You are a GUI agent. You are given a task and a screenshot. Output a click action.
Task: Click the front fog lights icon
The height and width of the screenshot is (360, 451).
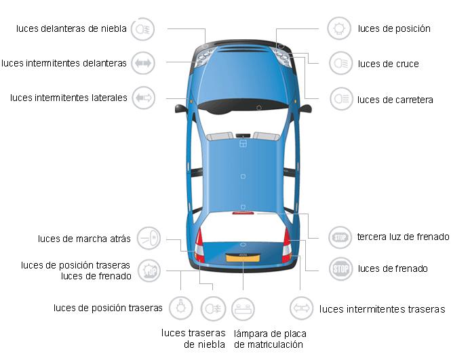(x=142, y=29)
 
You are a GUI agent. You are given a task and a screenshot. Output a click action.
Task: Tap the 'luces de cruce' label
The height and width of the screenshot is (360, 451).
(x=389, y=64)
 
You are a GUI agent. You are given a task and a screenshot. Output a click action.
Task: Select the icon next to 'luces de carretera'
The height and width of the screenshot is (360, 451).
(x=341, y=99)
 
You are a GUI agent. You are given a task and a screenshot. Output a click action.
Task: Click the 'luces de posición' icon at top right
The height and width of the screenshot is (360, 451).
(x=339, y=28)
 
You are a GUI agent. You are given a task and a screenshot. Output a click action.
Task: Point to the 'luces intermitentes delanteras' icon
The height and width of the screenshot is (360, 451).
(x=143, y=63)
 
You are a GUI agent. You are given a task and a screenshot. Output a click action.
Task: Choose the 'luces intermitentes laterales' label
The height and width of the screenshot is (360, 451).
(x=68, y=98)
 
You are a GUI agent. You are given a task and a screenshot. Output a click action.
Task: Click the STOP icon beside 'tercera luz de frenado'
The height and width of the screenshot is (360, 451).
(x=340, y=237)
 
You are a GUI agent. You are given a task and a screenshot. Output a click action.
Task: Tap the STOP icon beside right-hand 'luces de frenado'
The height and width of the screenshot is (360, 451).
(x=340, y=269)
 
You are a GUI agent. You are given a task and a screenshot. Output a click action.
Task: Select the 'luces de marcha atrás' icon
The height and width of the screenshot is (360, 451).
(x=149, y=238)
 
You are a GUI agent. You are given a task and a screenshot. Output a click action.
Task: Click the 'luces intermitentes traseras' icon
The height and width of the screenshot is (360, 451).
(x=301, y=308)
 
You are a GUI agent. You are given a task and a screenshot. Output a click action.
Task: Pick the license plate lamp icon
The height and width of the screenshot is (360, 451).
(x=243, y=309)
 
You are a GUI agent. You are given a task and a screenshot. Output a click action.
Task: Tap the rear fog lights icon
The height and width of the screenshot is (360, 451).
(x=213, y=309)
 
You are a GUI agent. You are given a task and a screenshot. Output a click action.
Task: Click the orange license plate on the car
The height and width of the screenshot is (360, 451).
(x=243, y=258)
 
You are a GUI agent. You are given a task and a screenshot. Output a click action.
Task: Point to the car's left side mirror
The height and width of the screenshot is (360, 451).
(x=181, y=108)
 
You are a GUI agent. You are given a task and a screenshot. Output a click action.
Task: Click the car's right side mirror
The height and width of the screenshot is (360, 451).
(x=305, y=108)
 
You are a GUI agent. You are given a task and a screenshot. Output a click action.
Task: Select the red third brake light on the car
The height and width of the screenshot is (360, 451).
(x=243, y=213)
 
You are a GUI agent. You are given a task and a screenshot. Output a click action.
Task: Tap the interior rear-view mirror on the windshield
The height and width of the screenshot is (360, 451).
(x=243, y=136)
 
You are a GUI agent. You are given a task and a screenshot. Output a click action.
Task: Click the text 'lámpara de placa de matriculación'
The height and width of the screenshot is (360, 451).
(x=270, y=339)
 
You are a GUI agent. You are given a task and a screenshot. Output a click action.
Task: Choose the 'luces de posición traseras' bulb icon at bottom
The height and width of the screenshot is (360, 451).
(x=180, y=308)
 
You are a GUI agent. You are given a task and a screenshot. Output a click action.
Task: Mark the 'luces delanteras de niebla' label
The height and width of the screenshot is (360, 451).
(x=71, y=28)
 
